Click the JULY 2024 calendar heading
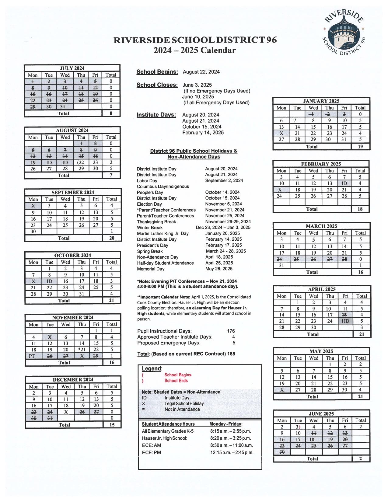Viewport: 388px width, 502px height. pyautogui.click(x=72, y=68)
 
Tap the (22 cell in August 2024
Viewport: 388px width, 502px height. pyautogui.click(x=81, y=162)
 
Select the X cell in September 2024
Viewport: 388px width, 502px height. pyautogui.click(x=33, y=206)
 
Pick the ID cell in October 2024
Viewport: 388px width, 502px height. pyautogui.click(x=49, y=281)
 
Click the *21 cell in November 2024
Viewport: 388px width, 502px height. pyautogui.click(x=82, y=350)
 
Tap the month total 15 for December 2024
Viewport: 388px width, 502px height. pyautogui.click(x=112, y=425)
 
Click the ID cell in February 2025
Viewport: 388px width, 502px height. pyautogui.click(x=344, y=183)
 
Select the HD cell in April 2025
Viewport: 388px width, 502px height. pyautogui.click(x=345, y=321)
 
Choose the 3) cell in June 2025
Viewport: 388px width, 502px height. pyautogui.click(x=298, y=427)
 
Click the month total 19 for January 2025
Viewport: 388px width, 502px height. pyautogui.click(x=360, y=147)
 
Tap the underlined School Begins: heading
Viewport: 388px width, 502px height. pyautogui.click(x=157, y=72)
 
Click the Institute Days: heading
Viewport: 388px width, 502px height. pyautogui.click(x=156, y=115)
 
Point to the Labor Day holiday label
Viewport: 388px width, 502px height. pyautogui.click(x=147, y=181)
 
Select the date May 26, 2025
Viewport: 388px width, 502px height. pyautogui.click(x=219, y=269)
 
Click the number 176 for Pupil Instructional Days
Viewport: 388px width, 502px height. pyautogui.click(x=231, y=331)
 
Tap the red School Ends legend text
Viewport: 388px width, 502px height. pyautogui.click(x=176, y=381)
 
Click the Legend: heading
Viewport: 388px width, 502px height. pyautogui.click(x=152, y=368)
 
